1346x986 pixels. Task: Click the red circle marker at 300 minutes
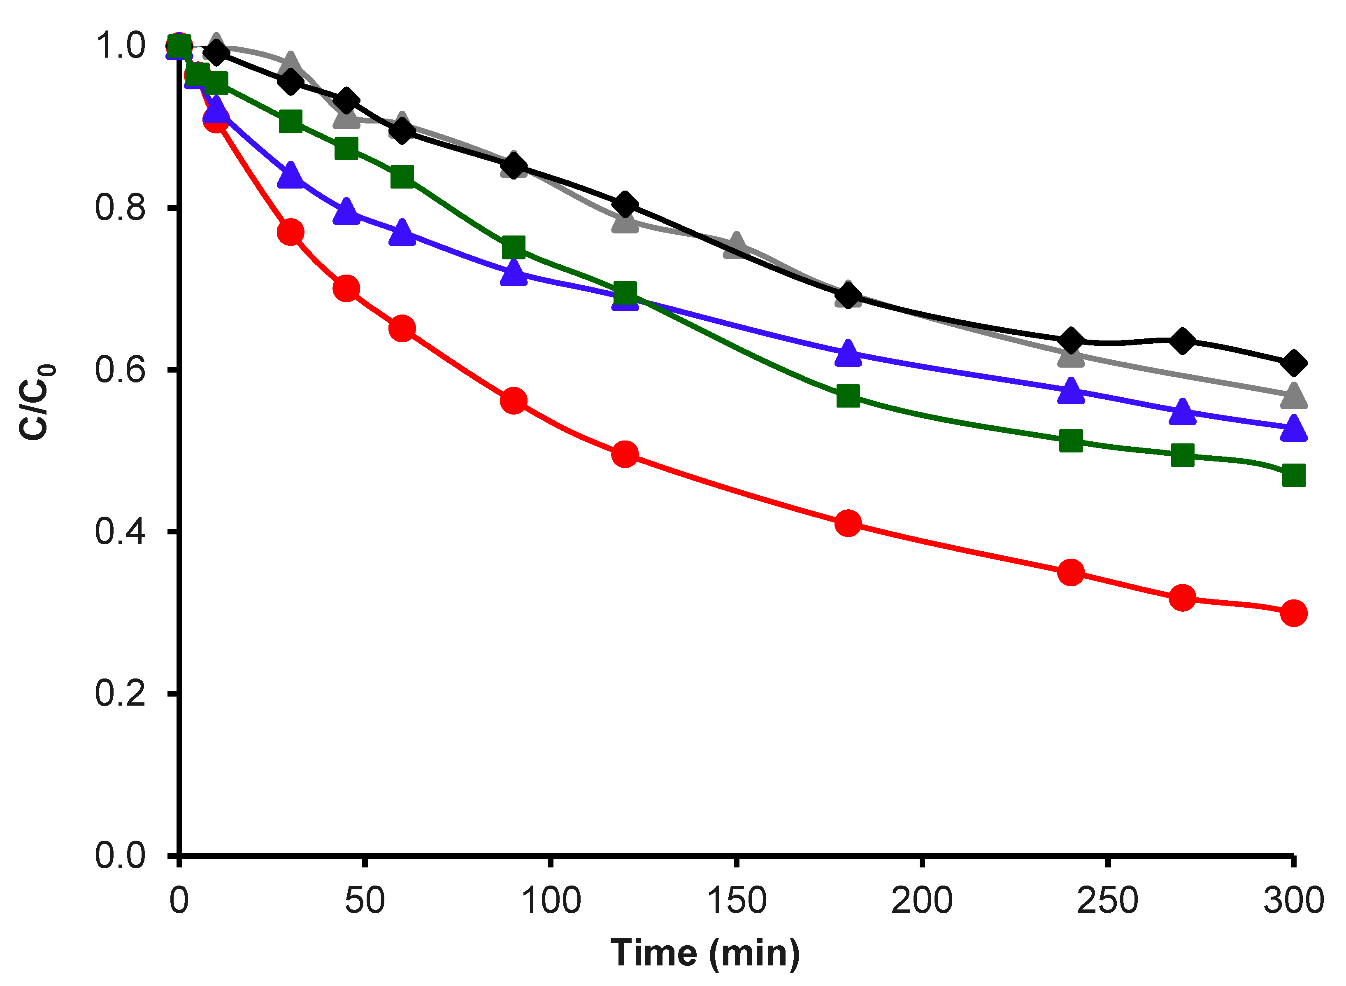click(1293, 613)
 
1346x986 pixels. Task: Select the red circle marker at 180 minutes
click(848, 523)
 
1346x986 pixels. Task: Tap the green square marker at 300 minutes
click(1293, 476)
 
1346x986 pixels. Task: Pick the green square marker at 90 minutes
click(513, 247)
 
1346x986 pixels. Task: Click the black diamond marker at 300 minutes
click(1293, 363)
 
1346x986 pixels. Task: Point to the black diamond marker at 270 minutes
click(1182, 341)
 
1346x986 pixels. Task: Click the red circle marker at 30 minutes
click(291, 232)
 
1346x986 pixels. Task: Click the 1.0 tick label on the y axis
click(119, 46)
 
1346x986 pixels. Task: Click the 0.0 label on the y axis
click(119, 855)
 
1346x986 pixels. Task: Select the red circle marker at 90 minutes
click(513, 401)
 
